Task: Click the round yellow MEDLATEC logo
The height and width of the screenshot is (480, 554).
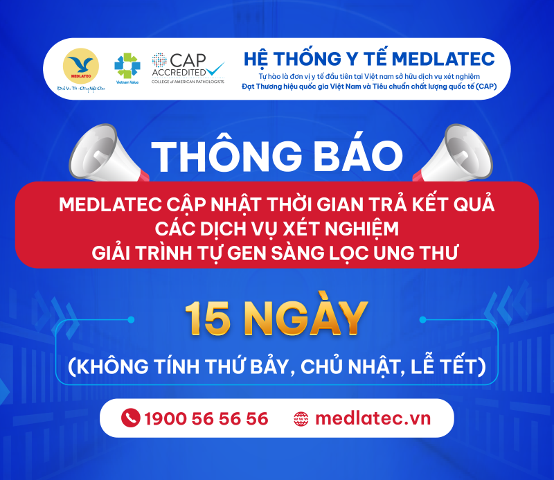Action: tap(81, 66)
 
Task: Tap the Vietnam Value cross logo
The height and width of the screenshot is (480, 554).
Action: tap(127, 65)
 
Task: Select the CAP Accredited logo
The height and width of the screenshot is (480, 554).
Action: tap(188, 68)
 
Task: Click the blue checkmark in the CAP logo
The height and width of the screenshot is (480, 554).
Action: tap(215, 69)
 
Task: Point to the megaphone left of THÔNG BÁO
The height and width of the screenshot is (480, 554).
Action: tap(107, 154)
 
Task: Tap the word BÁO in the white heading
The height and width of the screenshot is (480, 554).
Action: tap(358, 156)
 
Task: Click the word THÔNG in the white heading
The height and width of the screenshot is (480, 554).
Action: tap(227, 156)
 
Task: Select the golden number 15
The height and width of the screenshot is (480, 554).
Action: tap(208, 319)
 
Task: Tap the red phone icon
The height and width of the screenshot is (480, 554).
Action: tap(130, 418)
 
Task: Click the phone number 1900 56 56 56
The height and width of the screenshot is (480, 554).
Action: tap(206, 418)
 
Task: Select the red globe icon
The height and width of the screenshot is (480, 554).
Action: tap(301, 419)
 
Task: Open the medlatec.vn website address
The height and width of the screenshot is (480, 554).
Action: tap(373, 418)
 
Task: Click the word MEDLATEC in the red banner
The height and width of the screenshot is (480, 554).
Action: tap(110, 204)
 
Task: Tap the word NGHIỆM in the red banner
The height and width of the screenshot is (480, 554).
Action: tap(361, 229)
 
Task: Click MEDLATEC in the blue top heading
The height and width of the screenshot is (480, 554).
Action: tap(443, 59)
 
